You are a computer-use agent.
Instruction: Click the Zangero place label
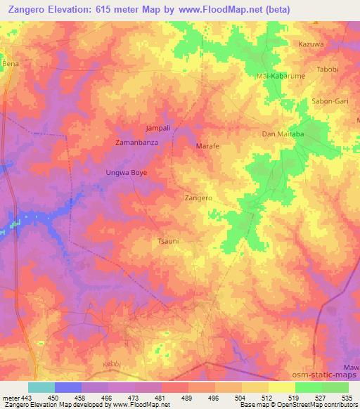tap(198, 199)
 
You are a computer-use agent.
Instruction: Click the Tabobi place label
tap(327, 69)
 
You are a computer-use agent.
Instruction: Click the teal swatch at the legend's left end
tap(41, 387)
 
